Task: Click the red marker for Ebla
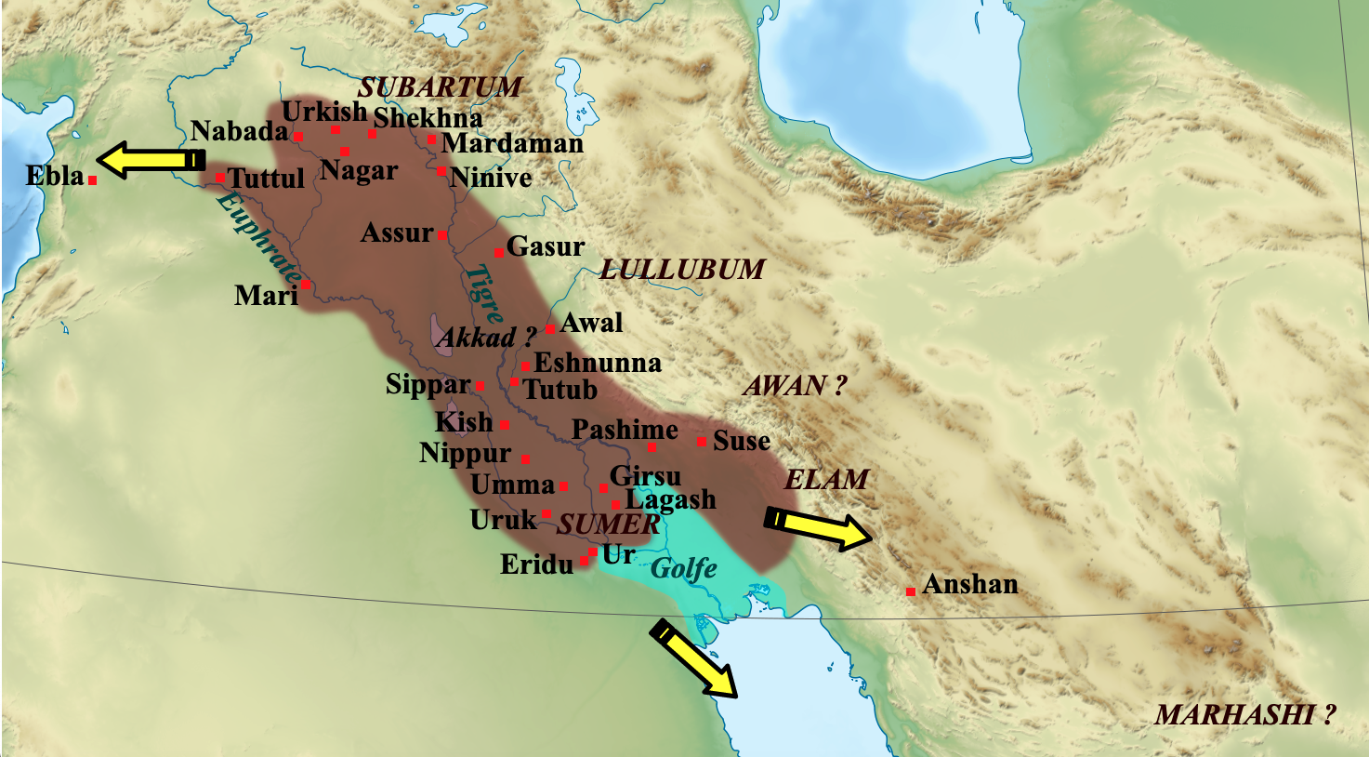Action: click(93, 180)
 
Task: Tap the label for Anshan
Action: click(970, 584)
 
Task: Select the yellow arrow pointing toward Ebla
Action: click(151, 160)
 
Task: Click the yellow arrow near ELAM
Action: click(818, 529)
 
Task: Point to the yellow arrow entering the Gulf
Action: click(694, 657)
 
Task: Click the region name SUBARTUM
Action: click(440, 87)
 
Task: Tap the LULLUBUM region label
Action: click(681, 270)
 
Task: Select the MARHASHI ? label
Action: click(1244, 714)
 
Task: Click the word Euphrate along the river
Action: click(258, 238)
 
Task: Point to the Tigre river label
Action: click(483, 293)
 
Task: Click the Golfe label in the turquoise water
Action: click(684, 567)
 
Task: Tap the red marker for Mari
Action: click(305, 285)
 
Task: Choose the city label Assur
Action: click(397, 232)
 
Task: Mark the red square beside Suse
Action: click(701, 441)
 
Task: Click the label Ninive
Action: click(491, 177)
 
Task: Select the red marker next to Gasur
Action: click(498, 253)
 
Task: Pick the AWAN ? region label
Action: click(794, 385)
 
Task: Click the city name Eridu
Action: click(536, 564)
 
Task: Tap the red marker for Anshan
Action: click(911, 591)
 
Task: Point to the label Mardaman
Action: click(512, 143)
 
